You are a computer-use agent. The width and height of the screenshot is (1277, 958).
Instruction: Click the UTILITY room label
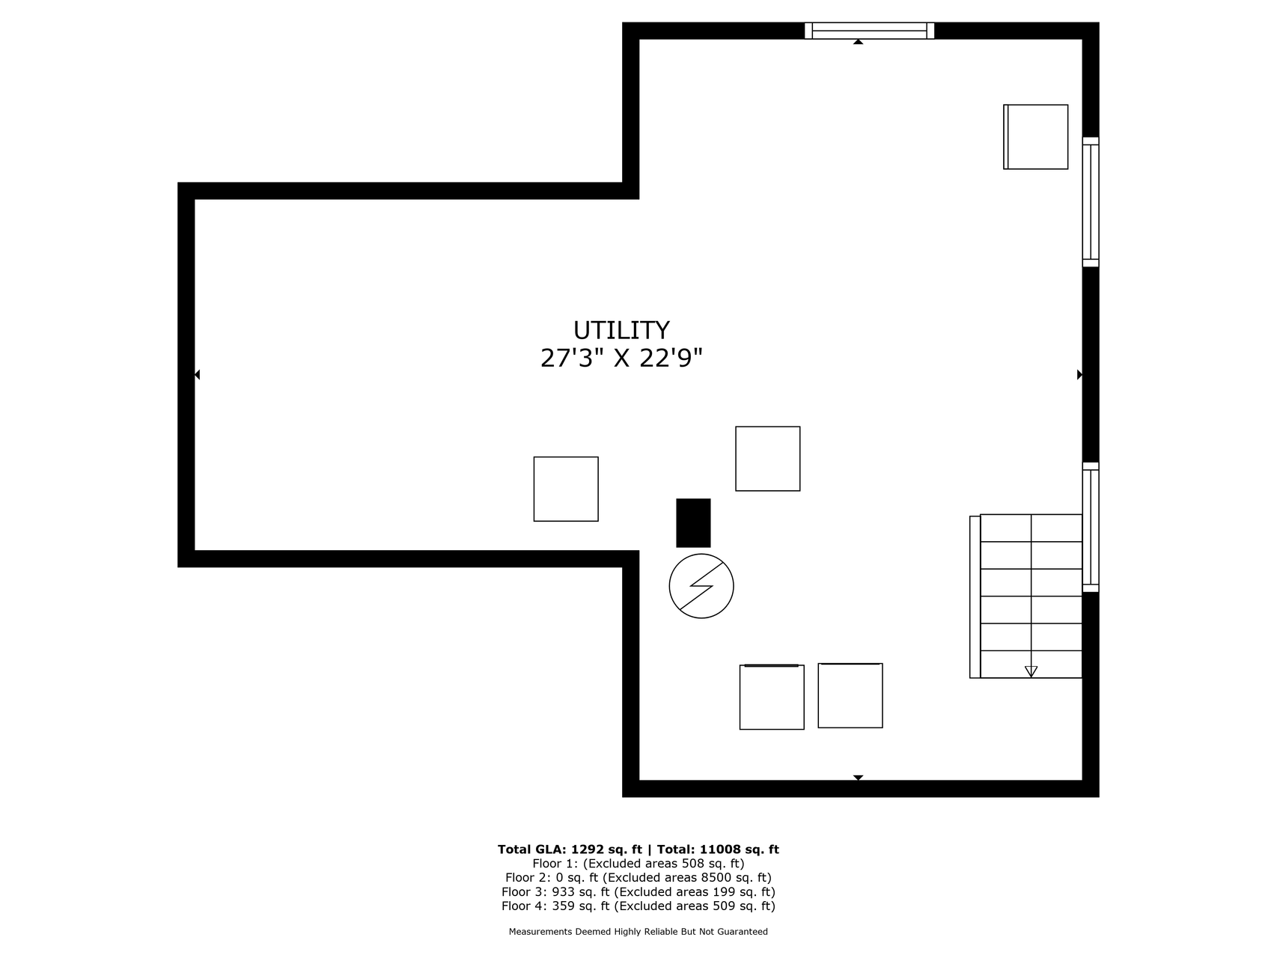coord(621,330)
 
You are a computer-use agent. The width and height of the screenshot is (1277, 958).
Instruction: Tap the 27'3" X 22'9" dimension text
coord(621,359)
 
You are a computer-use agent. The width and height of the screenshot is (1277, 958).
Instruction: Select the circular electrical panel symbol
coord(701,586)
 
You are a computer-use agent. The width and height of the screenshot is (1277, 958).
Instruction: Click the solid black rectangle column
coord(693,523)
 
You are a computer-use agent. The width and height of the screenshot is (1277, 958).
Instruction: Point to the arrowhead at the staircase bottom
coord(1031,671)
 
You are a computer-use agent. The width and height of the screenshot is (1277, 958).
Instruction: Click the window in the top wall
coord(869,31)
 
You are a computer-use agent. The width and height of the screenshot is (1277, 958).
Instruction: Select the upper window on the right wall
coord(1091,202)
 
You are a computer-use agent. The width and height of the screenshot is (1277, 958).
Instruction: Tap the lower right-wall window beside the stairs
coord(1091,527)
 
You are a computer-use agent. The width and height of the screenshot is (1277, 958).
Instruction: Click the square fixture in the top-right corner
coord(1036,137)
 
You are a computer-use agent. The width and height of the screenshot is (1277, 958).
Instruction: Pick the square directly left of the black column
coord(566,489)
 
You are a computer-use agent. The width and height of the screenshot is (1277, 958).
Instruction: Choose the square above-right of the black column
coord(768,459)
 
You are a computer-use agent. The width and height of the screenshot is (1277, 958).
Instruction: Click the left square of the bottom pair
coord(772,697)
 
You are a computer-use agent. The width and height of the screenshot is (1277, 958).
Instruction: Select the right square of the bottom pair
coord(850,695)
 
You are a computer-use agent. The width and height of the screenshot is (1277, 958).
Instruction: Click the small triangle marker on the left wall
coord(197,374)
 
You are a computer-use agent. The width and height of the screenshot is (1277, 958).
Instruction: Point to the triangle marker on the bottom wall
coord(858,778)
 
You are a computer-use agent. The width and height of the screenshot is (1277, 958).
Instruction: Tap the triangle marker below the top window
coord(858,42)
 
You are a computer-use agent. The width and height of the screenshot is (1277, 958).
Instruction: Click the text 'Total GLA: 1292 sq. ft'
coord(570,849)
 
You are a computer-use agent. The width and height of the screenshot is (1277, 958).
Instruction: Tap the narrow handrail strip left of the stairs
coord(975,597)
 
